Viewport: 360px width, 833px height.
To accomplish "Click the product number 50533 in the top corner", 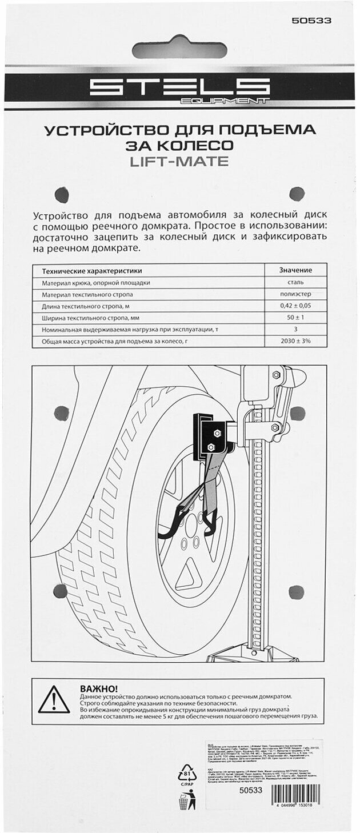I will coord(311,21).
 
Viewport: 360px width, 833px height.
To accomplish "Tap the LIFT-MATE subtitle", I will coord(179,162).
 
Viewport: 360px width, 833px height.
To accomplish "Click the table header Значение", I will coord(295,270).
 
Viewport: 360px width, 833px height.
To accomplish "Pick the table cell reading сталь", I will coord(295,282).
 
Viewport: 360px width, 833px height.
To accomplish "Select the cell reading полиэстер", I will coord(295,294).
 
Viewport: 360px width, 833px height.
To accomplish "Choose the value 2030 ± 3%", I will coord(295,342).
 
